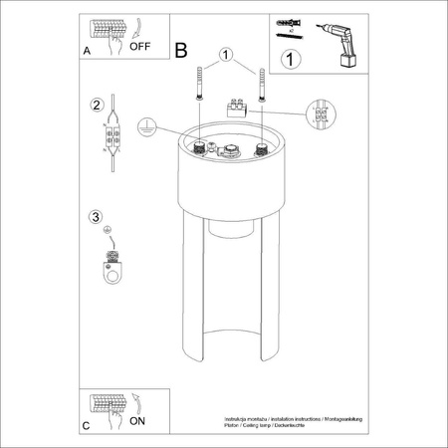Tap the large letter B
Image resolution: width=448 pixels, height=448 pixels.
(180, 48)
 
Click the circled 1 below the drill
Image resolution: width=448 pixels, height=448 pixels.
(290, 60)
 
